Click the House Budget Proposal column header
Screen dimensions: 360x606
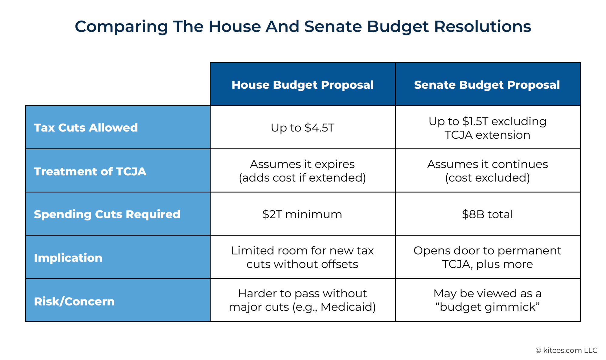coord(302,85)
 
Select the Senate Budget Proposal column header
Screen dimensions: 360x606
coord(487,85)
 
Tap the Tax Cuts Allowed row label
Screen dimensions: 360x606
coord(86,128)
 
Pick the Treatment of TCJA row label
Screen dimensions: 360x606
coord(90,171)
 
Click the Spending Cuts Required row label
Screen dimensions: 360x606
coord(107,214)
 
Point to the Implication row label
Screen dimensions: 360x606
coord(68,258)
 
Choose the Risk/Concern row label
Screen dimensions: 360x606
coord(74,302)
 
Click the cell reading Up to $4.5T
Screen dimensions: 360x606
coord(302,128)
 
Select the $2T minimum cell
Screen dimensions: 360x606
coord(302,214)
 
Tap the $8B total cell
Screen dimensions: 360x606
coord(487,214)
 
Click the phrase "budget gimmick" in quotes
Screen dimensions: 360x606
coord(488,307)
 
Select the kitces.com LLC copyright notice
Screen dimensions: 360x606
coord(566,350)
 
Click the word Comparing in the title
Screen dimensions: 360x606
coord(121,27)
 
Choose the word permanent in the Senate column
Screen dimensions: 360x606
coord(529,251)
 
